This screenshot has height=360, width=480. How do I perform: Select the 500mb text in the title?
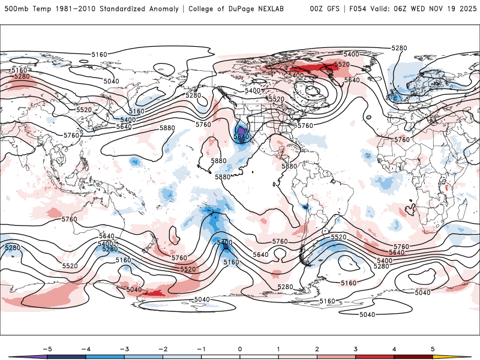click(x=15, y=9)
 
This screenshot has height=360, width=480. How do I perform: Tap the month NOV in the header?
click(x=439, y=9)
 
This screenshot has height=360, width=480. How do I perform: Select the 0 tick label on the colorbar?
click(x=240, y=349)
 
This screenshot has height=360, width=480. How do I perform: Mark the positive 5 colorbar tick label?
click(x=433, y=349)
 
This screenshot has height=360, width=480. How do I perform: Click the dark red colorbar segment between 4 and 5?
click(x=413, y=357)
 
